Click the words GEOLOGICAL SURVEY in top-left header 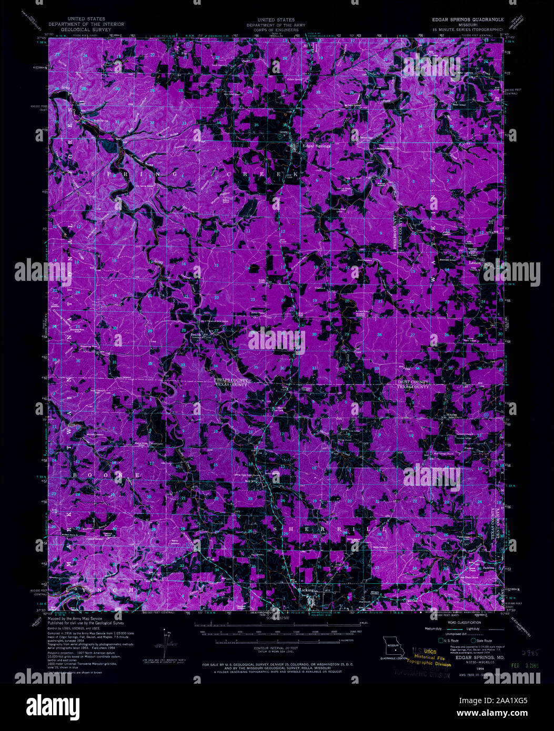coord(86,29)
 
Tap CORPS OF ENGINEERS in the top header coord(277,29)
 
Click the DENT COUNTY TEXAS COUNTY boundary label coord(413,384)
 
